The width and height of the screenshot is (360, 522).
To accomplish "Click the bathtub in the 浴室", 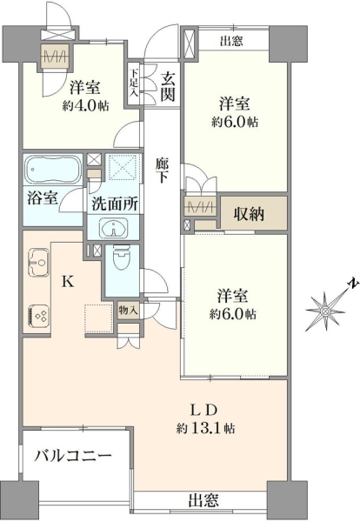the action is point(53,171).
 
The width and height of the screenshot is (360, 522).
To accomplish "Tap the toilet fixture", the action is point(121,258).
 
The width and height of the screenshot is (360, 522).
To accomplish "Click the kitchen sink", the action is point(38,262).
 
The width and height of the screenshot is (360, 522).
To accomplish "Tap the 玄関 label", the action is point(167,87).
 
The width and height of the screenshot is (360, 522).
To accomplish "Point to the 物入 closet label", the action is point(128,311).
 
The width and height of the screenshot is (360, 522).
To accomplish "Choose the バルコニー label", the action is point(73,455).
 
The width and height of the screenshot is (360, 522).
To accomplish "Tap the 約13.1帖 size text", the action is point(205,428).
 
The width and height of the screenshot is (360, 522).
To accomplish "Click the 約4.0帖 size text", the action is point(85,105).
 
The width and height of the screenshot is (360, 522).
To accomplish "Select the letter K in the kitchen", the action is point(68,282).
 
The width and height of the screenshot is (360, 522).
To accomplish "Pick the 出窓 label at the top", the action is point(231,41).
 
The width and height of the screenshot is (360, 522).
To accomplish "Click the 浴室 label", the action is point(43,198).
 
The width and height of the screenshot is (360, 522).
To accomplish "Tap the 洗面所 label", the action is point(115,203).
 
